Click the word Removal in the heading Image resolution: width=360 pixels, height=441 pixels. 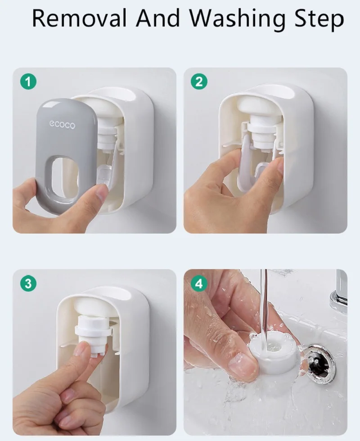click(79, 18)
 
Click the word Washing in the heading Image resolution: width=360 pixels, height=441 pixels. click(238, 19)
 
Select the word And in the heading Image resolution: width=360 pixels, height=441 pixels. click(158, 18)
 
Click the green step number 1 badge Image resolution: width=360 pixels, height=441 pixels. click(28, 81)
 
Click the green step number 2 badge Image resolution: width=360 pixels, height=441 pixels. click(199, 81)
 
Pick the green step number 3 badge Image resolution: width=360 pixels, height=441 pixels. click(28, 283)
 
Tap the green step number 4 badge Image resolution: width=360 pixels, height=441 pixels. click(199, 283)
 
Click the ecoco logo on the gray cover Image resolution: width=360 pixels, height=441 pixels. click(63, 125)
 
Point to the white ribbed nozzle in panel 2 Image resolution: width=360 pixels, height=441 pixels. click(263, 135)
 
